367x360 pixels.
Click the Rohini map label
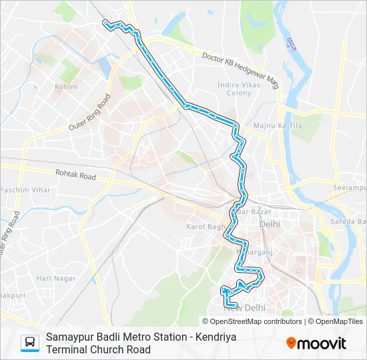[x=65, y=87]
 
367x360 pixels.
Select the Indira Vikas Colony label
[x=234, y=89]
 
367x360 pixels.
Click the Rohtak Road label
[x=76, y=177]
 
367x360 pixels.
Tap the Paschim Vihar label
[x=26, y=190]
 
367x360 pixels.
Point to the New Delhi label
[x=244, y=307]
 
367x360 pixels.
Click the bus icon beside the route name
[x=30, y=343]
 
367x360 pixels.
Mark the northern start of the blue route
[x=105, y=23]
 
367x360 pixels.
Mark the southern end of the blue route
[x=236, y=305]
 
